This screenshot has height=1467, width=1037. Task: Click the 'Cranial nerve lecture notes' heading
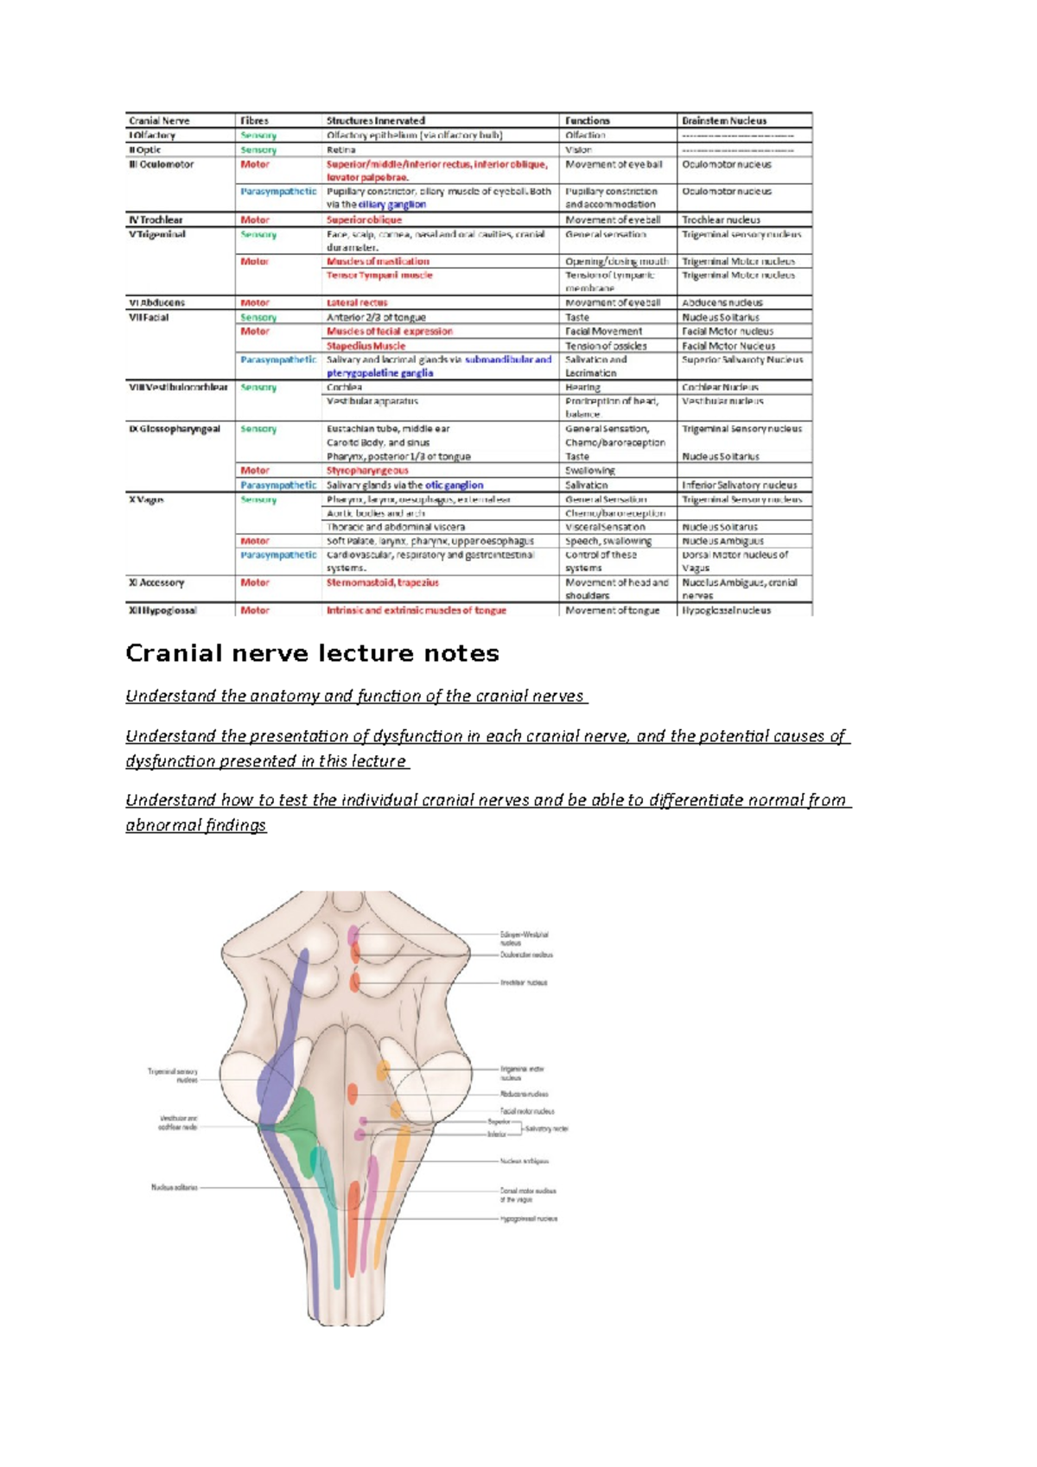tap(312, 653)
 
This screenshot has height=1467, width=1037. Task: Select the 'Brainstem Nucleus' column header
tap(723, 121)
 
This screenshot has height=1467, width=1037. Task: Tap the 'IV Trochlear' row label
tap(156, 219)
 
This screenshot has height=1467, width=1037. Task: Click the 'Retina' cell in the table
tap(340, 149)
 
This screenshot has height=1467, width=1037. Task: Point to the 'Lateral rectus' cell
tap(357, 302)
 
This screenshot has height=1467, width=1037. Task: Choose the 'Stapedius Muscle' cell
tap(366, 346)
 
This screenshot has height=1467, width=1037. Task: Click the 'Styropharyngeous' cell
tap(367, 471)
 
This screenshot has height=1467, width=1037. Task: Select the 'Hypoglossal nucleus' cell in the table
tap(726, 610)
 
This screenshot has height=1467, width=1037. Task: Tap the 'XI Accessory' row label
tap(156, 582)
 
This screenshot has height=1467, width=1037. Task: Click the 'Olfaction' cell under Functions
tap(585, 135)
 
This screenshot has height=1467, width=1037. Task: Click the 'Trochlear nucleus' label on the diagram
tap(524, 982)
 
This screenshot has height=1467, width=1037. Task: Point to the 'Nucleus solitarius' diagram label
tap(175, 1187)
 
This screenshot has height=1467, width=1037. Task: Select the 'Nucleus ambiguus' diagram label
tap(525, 1161)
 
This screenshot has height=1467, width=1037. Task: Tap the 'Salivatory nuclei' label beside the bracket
tap(547, 1128)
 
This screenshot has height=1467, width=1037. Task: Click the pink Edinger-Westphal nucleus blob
tap(353, 934)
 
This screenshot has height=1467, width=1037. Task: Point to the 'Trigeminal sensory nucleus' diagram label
tap(173, 1075)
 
